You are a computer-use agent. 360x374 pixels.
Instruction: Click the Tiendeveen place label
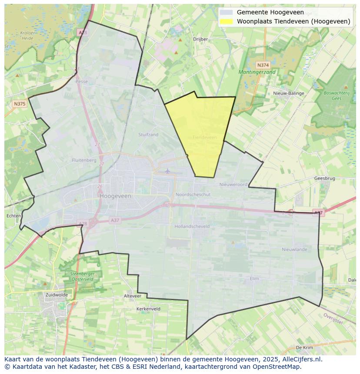point(204,137)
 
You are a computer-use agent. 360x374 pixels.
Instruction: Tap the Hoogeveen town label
point(115,196)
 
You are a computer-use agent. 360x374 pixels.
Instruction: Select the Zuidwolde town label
point(57,295)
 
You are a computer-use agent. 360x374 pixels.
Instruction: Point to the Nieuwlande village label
point(294,249)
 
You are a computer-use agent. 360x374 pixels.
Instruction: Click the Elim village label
point(254,278)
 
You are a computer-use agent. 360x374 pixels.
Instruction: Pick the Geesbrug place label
point(324,179)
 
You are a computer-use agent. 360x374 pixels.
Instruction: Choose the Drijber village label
point(200,39)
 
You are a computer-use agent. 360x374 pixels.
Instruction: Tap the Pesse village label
point(81,81)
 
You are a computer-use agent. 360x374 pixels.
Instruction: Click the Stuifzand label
point(148,135)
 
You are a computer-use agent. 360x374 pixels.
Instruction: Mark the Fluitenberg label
point(84,160)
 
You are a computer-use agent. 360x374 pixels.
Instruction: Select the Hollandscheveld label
point(192,226)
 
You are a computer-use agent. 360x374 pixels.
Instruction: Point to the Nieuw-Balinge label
point(289,93)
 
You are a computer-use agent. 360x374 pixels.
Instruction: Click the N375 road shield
point(20,104)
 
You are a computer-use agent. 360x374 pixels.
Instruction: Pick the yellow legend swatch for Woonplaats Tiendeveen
point(226,21)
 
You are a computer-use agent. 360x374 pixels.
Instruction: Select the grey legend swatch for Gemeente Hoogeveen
point(226,12)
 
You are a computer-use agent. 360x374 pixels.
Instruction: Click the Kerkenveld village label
point(148,309)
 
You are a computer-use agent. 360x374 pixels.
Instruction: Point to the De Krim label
point(304,348)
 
